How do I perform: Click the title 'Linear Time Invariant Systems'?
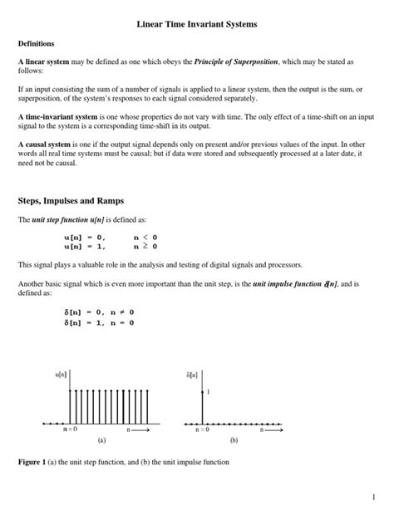197,26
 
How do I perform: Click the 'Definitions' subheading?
37,42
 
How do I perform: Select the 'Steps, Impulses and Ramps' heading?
71,199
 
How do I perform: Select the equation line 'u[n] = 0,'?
85,237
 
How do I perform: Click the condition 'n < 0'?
145,237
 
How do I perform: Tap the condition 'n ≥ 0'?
145,246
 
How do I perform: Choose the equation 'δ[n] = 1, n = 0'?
98,323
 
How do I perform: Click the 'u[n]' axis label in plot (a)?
61,375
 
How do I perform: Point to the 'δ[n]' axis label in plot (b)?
192,375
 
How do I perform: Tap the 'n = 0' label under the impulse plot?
203,429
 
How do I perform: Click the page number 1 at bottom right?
375,497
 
